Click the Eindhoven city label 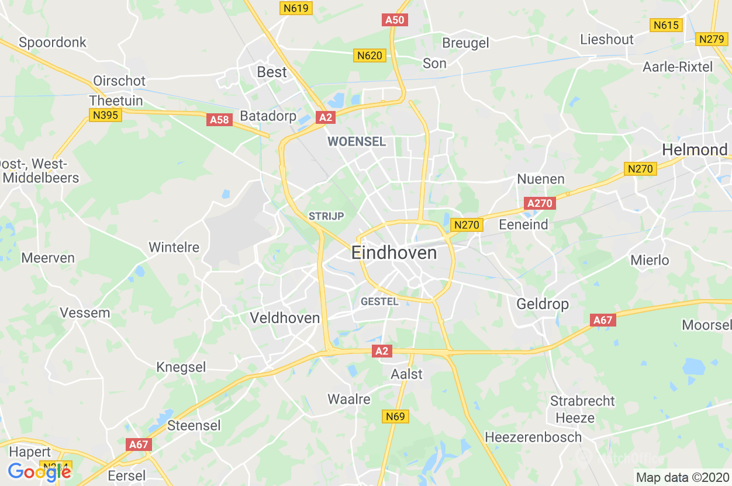394,253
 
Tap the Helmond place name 695,150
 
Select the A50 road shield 395,20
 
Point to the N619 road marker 296,8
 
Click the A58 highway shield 220,120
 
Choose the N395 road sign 105,115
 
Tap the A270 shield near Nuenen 540,203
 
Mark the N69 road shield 396,416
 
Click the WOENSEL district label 357,141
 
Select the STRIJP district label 326,216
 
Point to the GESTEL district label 379,301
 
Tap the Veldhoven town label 285,318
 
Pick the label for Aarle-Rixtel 678,67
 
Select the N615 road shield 666,25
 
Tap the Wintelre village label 174,247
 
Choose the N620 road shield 370,55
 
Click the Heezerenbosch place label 533,437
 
